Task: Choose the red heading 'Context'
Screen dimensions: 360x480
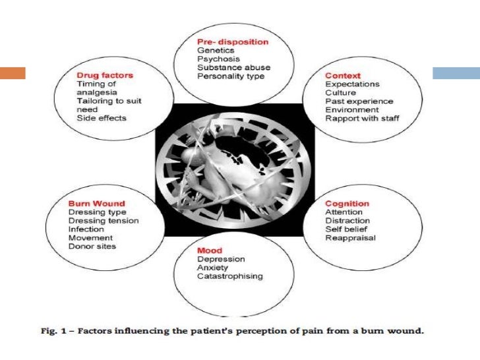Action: click(x=342, y=76)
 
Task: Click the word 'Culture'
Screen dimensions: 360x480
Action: click(x=340, y=93)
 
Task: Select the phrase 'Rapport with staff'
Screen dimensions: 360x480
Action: click(x=362, y=118)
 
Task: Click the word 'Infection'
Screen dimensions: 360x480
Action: click(x=86, y=229)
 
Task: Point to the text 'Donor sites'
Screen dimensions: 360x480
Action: click(x=92, y=246)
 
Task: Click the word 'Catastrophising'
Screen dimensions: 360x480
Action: click(x=229, y=276)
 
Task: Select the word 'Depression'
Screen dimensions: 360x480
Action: click(x=221, y=260)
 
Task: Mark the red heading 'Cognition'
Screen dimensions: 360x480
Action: click(x=347, y=204)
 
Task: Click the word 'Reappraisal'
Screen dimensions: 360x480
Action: click(x=350, y=237)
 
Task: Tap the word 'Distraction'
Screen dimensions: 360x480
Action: click(x=347, y=221)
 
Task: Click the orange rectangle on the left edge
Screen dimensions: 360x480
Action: click(x=13, y=73)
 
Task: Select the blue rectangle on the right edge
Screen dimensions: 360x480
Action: click(x=456, y=73)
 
